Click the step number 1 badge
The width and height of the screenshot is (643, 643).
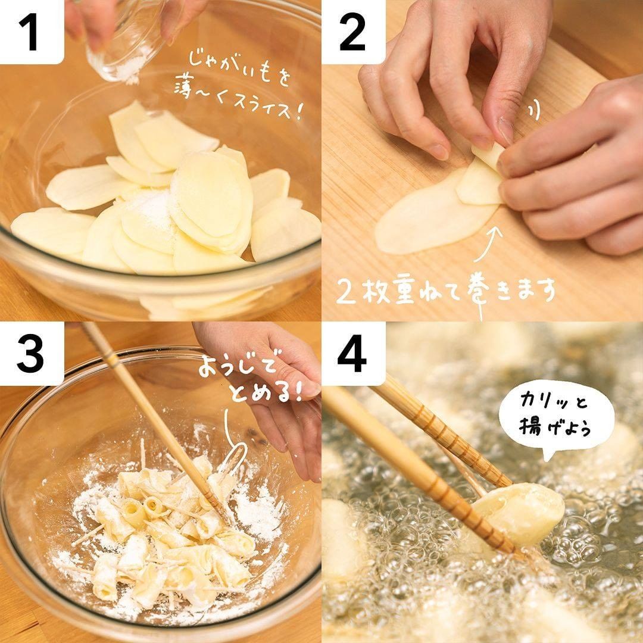tap(32, 32)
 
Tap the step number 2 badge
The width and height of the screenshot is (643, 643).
tap(353, 32)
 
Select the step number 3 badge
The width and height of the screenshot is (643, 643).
tap(32, 354)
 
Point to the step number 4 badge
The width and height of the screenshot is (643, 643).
tap(353, 354)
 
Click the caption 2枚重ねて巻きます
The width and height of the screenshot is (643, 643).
tap(445, 292)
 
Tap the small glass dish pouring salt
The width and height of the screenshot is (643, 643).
tap(123, 45)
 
